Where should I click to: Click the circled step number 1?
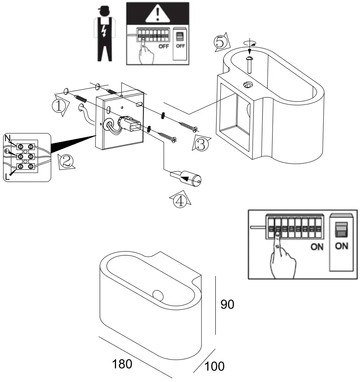(x=59, y=106)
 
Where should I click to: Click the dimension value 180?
(x=123, y=364)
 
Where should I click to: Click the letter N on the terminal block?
(x=7, y=139)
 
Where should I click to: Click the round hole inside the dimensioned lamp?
(x=158, y=294)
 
